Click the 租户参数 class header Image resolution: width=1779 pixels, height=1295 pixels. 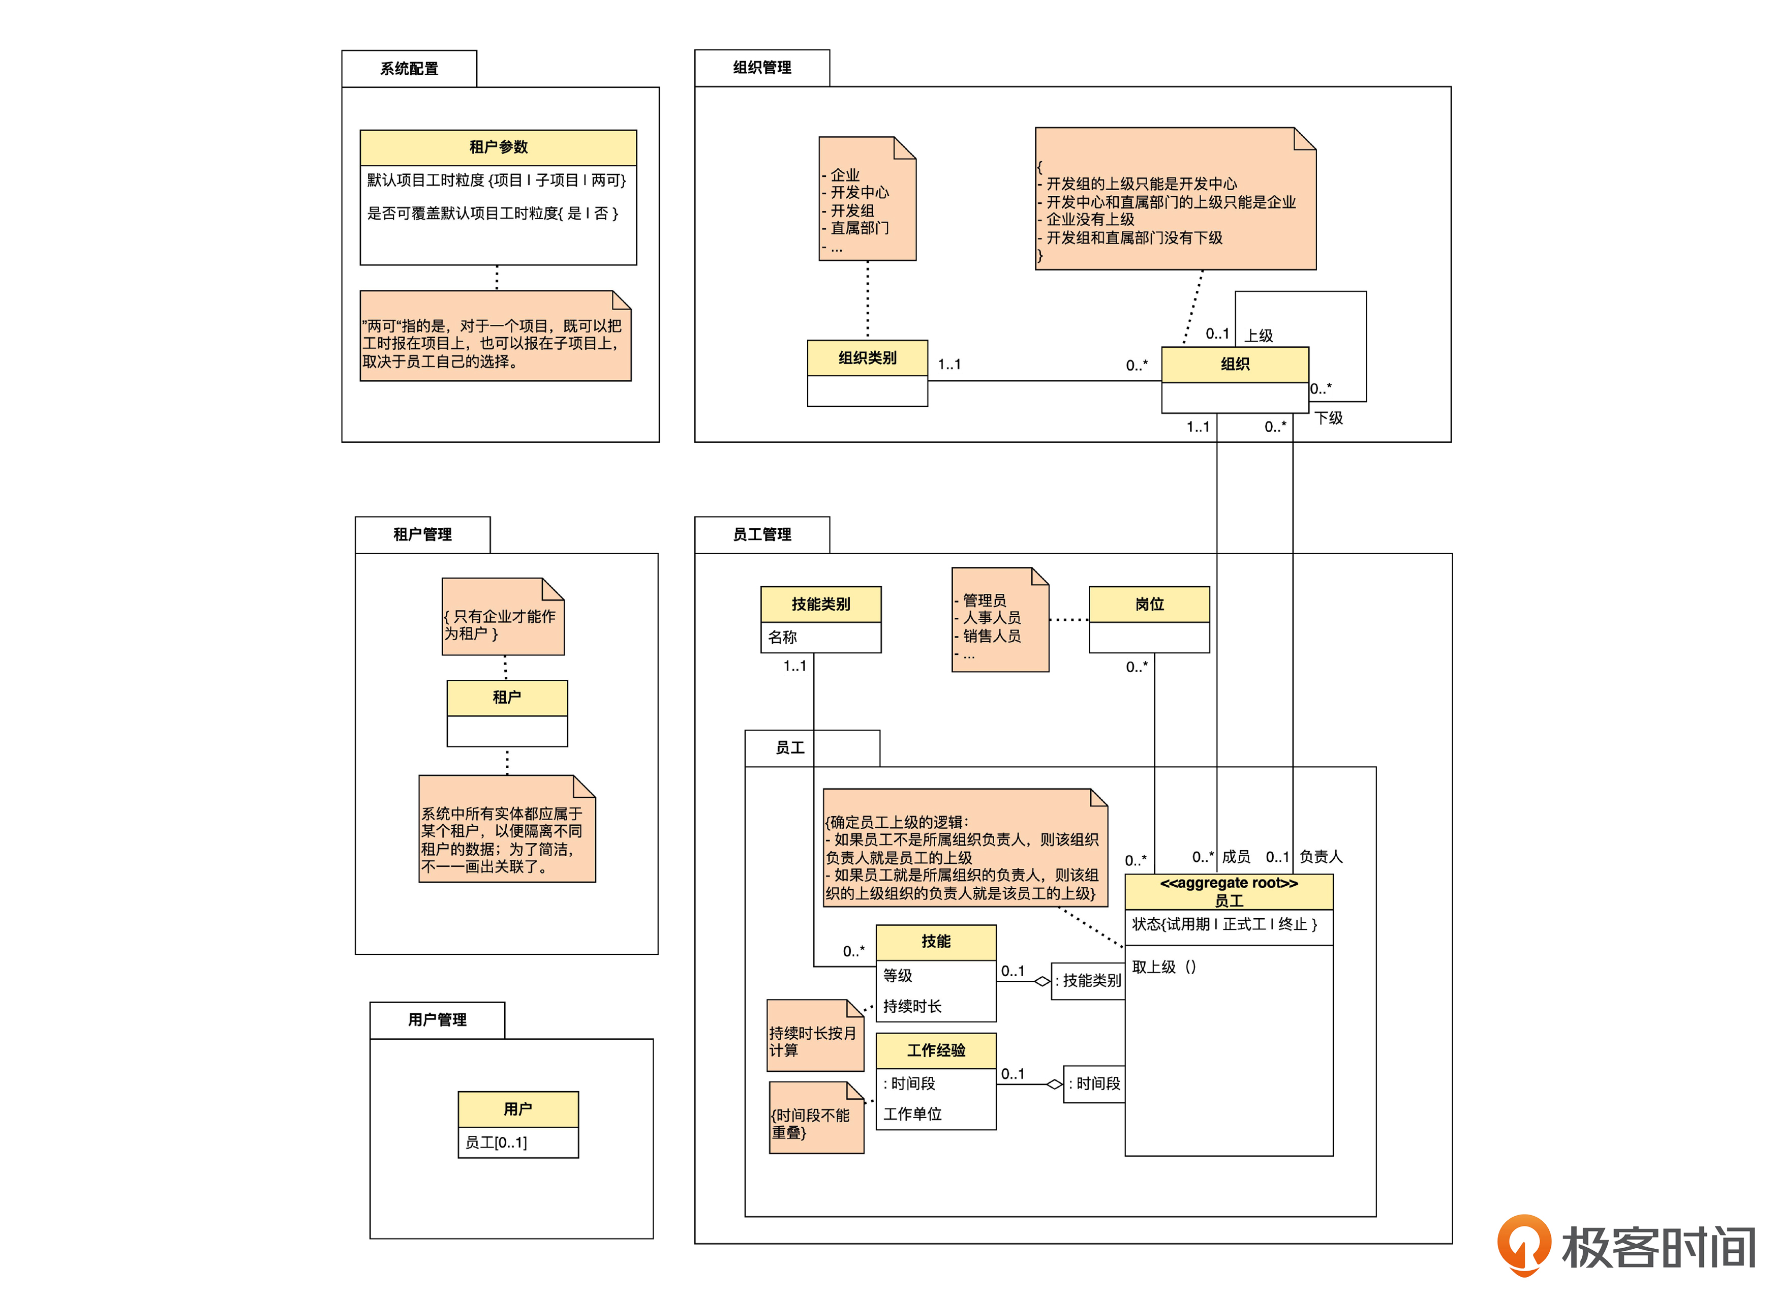tap(498, 147)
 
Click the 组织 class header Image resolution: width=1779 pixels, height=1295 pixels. tap(1235, 364)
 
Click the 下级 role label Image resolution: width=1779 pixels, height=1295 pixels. tap(1329, 418)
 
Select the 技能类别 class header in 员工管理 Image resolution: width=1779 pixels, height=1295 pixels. tap(820, 605)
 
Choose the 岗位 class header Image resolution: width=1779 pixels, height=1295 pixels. tap(1149, 605)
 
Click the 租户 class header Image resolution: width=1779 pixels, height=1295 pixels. tap(507, 698)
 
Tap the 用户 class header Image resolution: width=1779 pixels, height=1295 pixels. tap(518, 1109)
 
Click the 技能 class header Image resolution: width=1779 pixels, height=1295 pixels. tap(936, 942)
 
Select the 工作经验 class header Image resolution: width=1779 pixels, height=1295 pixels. tap(936, 1050)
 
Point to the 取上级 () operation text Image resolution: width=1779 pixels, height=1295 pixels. tap(1164, 968)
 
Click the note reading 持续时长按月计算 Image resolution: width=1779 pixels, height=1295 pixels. tap(813, 1041)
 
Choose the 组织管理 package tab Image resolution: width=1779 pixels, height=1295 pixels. tap(761, 68)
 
